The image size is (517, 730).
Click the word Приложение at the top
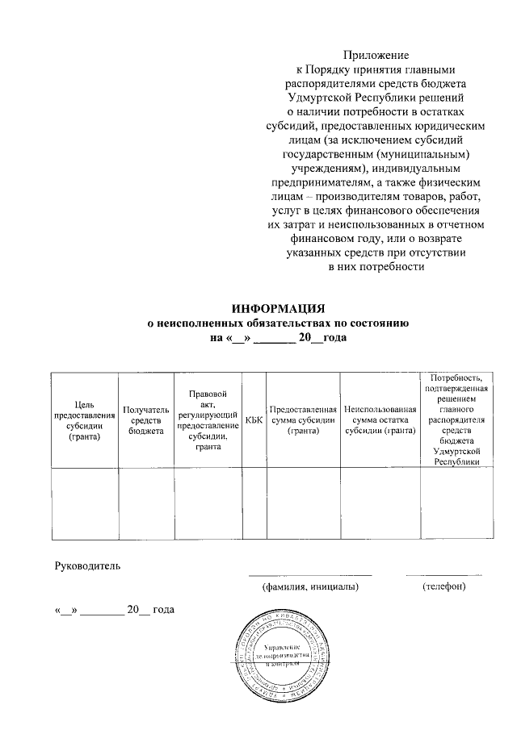click(x=376, y=55)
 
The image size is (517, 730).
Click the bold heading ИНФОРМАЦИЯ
click(x=278, y=309)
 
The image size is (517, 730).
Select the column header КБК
click(x=254, y=419)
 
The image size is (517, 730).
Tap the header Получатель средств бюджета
click(x=145, y=420)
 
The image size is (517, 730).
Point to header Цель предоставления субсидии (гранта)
click(x=85, y=420)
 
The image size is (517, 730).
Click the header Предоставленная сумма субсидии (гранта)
click(x=303, y=419)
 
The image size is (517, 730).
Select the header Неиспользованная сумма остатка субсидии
click(x=379, y=419)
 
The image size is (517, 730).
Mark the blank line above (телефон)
click(x=444, y=574)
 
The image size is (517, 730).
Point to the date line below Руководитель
click(x=114, y=610)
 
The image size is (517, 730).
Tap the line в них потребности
click(x=376, y=267)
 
